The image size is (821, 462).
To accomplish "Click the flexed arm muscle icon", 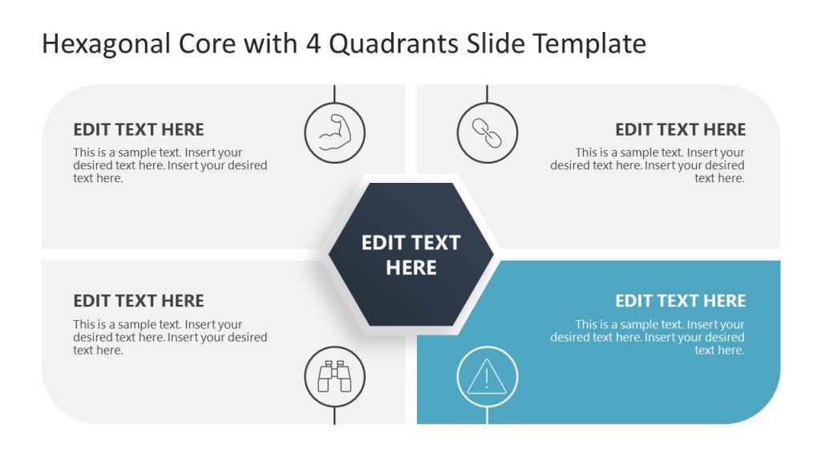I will [334, 133].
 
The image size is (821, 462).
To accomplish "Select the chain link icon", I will [487, 133].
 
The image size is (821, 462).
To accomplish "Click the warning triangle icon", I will [487, 376].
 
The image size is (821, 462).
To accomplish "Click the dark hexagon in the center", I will [410, 255].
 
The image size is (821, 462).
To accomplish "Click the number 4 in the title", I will [313, 44].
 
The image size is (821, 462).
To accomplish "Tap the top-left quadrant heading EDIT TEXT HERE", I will [139, 129].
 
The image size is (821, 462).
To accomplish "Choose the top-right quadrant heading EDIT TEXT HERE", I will [680, 129].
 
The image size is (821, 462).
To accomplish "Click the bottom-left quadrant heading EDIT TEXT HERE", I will [139, 301].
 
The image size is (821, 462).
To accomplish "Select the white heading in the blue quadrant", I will [680, 301].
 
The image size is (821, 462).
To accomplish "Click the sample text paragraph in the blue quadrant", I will [648, 337].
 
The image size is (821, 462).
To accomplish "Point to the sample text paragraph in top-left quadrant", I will [170, 165].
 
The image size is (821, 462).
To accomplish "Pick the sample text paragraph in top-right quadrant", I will [648, 165].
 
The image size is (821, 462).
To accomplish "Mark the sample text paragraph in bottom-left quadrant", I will [170, 337].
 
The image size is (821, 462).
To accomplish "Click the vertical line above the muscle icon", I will [334, 93].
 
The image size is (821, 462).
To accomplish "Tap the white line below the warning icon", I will [487, 415].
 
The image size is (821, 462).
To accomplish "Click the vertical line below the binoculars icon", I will [334, 415].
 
